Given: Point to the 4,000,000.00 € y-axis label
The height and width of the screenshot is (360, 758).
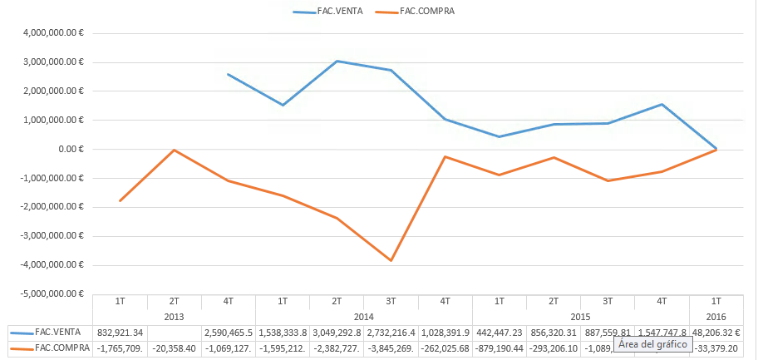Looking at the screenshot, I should point(57,33).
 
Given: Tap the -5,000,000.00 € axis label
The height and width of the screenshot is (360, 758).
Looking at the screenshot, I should point(55,293).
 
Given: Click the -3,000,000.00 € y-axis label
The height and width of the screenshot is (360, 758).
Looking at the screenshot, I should point(55,236).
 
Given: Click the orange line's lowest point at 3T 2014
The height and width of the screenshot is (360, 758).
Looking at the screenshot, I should point(391,260).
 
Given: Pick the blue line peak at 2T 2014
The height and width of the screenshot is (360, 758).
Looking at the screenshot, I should point(337,61).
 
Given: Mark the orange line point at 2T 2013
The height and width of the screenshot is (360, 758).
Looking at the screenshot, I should point(174,150).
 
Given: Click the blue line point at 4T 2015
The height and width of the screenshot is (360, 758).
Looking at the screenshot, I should point(662,104).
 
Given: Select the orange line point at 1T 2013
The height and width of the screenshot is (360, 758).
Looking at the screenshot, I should point(120,200).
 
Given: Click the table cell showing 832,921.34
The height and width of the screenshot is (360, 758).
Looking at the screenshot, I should point(120,333).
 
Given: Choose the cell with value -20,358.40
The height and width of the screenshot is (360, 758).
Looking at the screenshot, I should point(174,348).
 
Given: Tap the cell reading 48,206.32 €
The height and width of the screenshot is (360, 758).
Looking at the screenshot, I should point(716,333).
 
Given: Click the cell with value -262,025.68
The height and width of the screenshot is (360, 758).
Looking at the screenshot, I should point(445,348).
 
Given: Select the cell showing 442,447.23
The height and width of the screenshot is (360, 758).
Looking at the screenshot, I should point(500,333).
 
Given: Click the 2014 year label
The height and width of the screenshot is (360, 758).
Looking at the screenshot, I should point(364,317).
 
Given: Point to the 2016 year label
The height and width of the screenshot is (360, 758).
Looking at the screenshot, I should point(716,317).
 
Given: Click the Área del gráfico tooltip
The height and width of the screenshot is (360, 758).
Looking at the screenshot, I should point(653,344).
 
